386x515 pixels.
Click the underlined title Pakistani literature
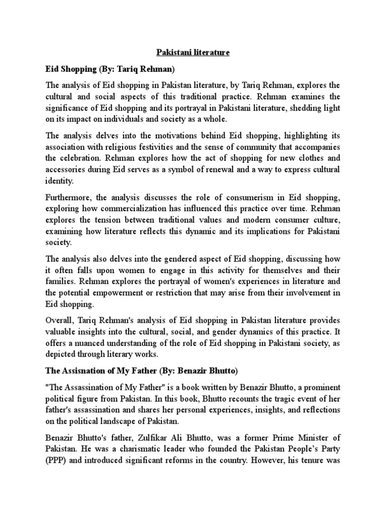(193, 52)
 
